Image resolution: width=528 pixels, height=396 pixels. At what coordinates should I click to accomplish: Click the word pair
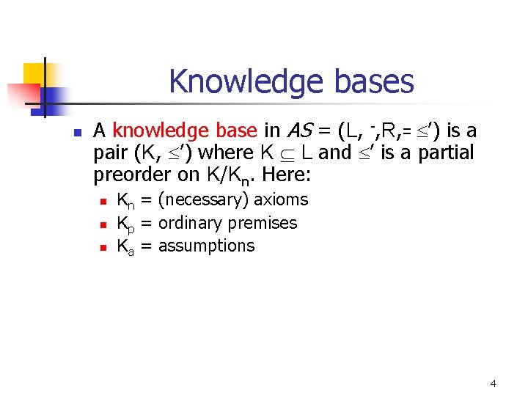click(109, 153)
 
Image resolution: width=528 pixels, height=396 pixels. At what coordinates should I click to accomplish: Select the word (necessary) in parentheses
click(204, 200)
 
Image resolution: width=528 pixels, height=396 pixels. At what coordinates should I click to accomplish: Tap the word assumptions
click(206, 246)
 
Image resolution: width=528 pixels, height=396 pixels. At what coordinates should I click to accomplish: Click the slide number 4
click(493, 383)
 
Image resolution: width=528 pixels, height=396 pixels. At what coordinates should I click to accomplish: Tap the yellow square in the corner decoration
click(35, 73)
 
